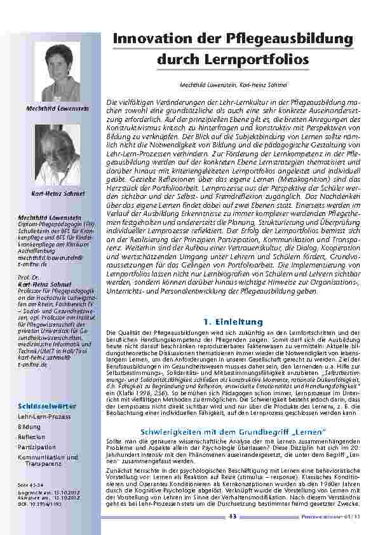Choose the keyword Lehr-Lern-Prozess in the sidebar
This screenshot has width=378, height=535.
point(44,417)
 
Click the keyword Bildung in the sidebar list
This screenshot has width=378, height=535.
point(29,427)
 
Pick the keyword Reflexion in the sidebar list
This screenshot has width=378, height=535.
point(32,437)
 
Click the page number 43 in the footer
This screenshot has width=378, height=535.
point(233,517)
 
